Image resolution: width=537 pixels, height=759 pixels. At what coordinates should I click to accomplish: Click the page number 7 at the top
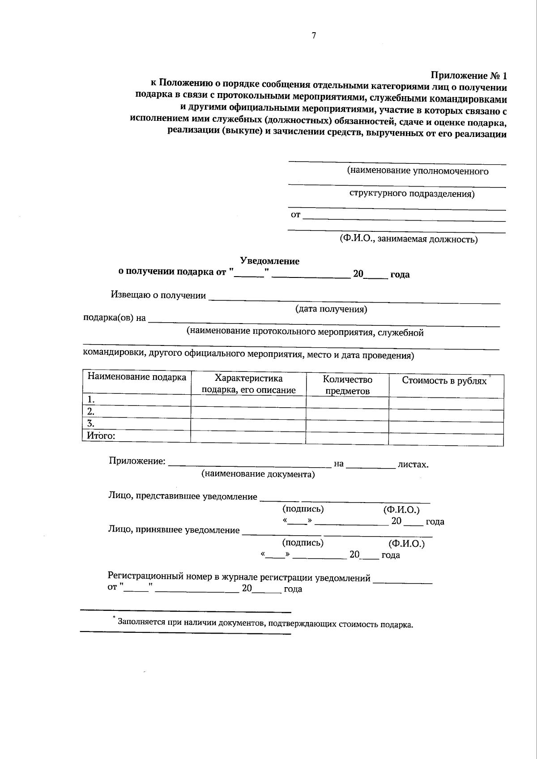pos(314,36)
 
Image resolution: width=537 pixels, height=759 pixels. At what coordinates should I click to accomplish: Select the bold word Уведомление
pos(270,261)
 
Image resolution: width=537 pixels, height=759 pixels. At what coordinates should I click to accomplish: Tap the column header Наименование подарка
pos(137,377)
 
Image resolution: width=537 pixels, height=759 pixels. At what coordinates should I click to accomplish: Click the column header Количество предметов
pos(348,385)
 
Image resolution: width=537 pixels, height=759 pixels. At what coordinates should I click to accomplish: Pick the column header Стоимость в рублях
pos(444,381)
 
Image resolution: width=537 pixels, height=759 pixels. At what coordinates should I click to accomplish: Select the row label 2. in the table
pos(91,411)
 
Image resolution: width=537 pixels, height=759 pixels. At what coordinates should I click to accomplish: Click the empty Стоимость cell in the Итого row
pos(446,439)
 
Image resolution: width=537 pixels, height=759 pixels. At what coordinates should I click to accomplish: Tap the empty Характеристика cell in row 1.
pos(248,401)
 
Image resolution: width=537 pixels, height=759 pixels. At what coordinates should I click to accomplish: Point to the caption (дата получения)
pos(331,309)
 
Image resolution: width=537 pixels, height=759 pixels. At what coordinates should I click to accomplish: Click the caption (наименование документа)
pos(258,474)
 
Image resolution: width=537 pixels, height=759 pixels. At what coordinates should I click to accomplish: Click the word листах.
pos(413,464)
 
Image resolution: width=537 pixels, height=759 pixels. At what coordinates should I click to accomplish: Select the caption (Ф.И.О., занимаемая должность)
pos(408,239)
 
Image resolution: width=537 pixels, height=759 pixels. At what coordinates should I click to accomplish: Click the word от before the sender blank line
pos(295,215)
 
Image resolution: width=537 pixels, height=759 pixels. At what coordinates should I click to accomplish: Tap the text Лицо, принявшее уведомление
pos(174,530)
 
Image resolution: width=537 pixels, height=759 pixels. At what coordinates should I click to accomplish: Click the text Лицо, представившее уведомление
pos(183,496)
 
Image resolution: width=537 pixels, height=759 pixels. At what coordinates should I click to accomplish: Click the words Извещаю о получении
pos(158,295)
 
